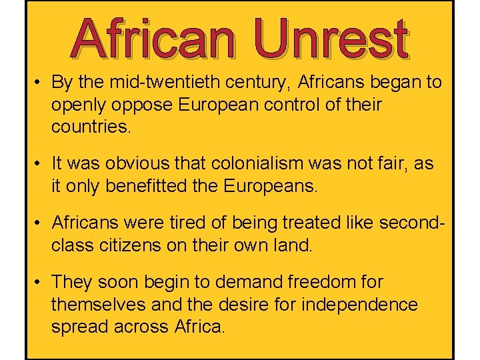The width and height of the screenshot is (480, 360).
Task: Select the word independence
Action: coord(361,305)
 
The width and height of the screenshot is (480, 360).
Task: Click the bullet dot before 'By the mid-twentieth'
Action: coord(40,83)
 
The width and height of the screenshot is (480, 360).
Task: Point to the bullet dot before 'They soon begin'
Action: coord(40,283)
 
